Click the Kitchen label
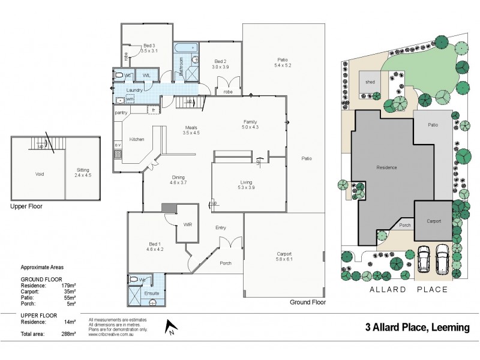coord(137,139)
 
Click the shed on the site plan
coord(368,82)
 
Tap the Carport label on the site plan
coord(434,221)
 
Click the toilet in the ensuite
coord(134,280)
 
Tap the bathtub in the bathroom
coord(186,47)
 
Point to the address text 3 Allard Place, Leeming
coord(421,328)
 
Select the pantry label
coord(122,112)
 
